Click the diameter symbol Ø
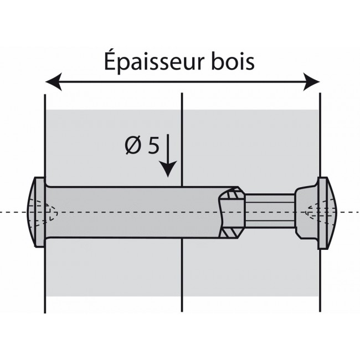[x=133, y=147]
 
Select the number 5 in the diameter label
[x=153, y=147]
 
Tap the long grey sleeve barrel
[x=133, y=212]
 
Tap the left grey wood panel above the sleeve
[x=111, y=144]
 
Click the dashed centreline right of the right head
[x=349, y=213]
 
